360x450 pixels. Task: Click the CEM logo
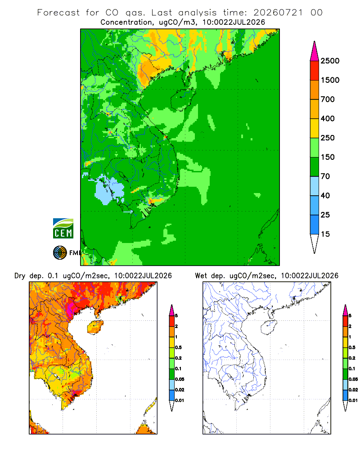pos(63,229)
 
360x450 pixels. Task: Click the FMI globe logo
pos(60,253)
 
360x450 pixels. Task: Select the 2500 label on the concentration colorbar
pos(330,61)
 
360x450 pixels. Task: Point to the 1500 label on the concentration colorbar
pos(330,80)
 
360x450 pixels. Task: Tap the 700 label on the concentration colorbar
pos(328,99)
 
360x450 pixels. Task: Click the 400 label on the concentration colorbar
pos(328,118)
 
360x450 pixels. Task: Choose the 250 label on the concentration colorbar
pos(328,138)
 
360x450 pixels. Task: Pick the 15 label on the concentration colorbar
pos(325,234)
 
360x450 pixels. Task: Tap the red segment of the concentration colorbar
pos(315,71)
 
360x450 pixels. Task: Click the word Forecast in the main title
pos(58,13)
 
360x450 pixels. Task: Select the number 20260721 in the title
pos(278,13)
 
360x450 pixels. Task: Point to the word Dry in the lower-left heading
pos(20,276)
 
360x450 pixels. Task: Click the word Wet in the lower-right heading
pos(201,276)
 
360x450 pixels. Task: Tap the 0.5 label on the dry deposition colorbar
pos(178,347)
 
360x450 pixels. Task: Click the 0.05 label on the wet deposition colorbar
pos(353,379)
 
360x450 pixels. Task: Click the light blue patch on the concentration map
pos(109,189)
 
